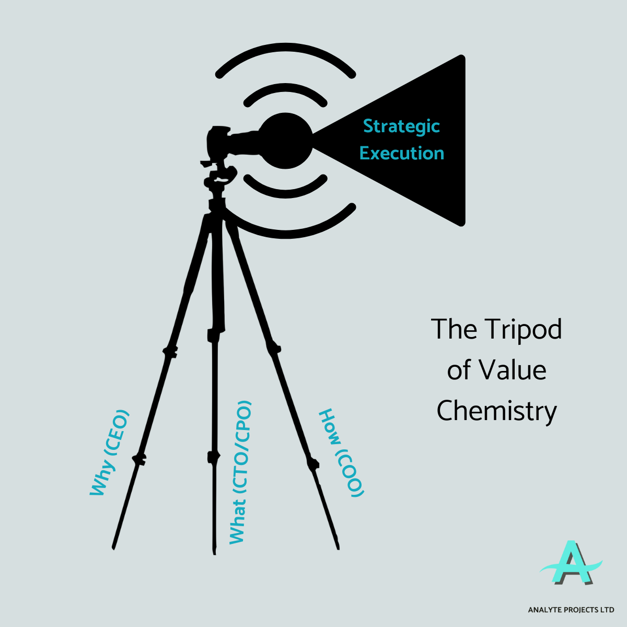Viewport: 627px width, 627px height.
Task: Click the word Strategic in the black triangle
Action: click(401, 126)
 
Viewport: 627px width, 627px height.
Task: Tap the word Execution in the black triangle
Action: click(402, 153)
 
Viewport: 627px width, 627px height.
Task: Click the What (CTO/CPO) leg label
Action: click(240, 472)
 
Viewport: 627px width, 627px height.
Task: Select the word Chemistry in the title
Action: click(496, 411)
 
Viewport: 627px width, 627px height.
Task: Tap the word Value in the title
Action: click(513, 370)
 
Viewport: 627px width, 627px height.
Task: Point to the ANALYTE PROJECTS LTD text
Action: click(571, 610)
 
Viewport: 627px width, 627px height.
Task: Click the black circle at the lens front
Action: click(285, 141)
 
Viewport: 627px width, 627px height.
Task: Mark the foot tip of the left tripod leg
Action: click(113, 547)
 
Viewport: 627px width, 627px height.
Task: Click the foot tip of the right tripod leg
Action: click(338, 547)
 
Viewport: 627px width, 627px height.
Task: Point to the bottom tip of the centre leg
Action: click(214, 552)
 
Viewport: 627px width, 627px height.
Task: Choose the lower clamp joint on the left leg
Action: click(138, 459)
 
